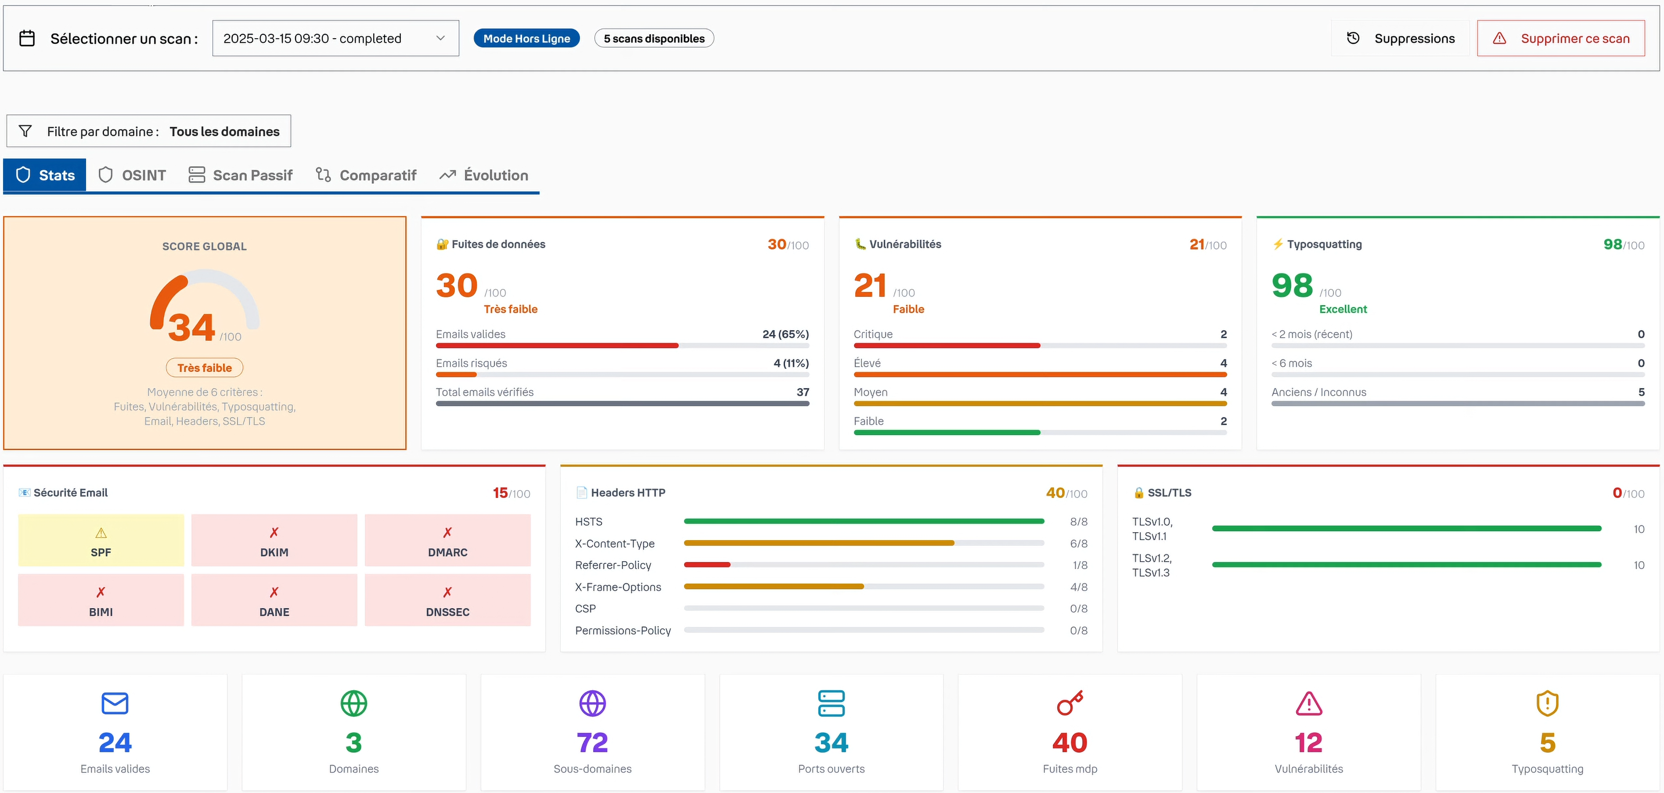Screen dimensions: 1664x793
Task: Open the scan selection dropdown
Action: click(x=335, y=38)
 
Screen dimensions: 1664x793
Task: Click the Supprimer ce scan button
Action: click(x=1561, y=38)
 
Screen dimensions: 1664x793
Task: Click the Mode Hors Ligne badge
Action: click(x=526, y=38)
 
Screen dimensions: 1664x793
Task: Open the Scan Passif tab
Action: click(x=240, y=175)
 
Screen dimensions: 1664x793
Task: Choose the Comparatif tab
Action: click(x=366, y=175)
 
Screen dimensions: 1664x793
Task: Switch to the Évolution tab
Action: click(x=484, y=175)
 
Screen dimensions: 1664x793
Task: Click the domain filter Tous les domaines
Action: click(x=224, y=131)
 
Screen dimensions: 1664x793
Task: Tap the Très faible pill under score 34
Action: click(x=204, y=368)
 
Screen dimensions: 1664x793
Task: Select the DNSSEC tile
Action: click(x=448, y=600)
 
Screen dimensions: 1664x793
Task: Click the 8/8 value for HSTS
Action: click(x=1078, y=521)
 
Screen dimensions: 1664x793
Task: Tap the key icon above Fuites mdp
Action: click(x=1070, y=703)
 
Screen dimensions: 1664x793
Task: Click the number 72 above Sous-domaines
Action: click(x=592, y=743)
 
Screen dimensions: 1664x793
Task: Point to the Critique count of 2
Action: click(x=1224, y=334)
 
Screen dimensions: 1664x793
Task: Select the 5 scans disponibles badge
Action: click(x=654, y=38)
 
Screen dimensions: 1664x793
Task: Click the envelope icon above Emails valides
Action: click(x=115, y=703)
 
